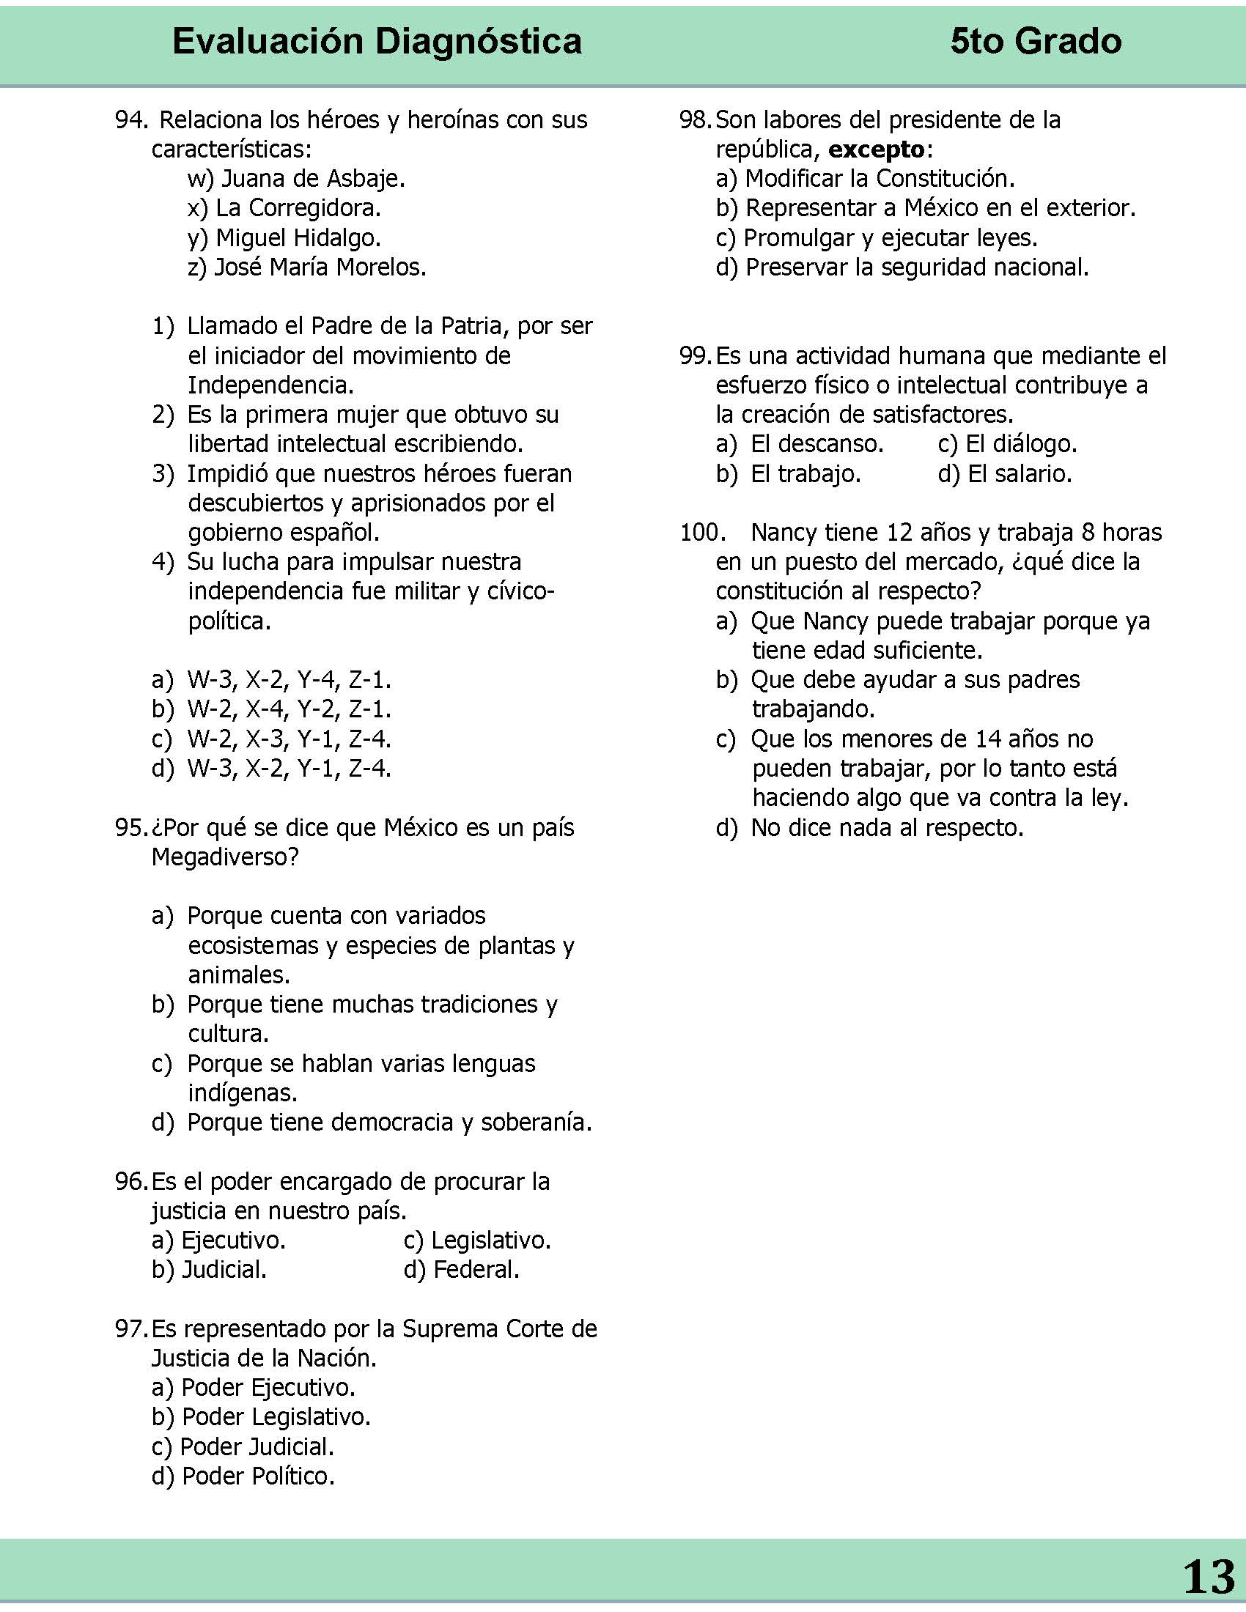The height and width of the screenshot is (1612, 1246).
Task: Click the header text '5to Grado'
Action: [x=1036, y=42]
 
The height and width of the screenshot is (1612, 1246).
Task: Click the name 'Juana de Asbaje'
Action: [x=312, y=179]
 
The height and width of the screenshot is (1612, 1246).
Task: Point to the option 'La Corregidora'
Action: [x=298, y=208]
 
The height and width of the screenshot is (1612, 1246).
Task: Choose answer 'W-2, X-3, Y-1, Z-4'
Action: [x=288, y=739]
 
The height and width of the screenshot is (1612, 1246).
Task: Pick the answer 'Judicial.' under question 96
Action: [x=224, y=1270]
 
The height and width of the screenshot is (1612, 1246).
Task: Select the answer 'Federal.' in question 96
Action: [x=476, y=1270]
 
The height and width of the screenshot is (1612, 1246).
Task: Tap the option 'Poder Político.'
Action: [x=257, y=1476]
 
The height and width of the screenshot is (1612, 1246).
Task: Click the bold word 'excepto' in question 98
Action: [x=876, y=149]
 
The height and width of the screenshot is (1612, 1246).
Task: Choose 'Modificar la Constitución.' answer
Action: [x=879, y=179]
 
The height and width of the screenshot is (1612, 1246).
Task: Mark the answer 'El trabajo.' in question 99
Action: [x=806, y=474]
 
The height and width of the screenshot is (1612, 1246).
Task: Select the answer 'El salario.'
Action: [x=1020, y=474]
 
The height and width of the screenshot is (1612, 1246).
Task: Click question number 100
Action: [x=698, y=533]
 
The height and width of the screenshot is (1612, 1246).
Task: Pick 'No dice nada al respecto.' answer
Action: [x=887, y=827]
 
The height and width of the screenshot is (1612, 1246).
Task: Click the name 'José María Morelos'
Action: [x=320, y=267]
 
